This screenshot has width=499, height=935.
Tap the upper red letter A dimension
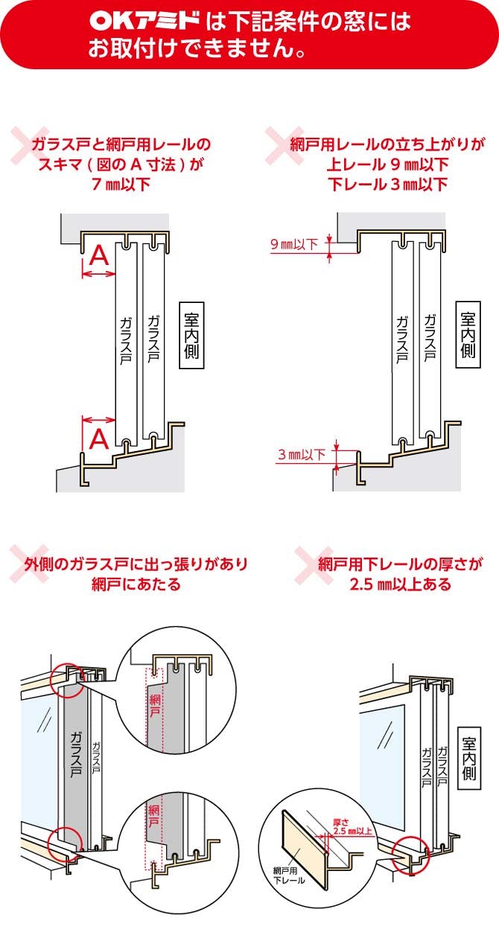pyautogui.click(x=98, y=256)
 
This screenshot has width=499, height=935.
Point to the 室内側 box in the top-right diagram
pyautogui.click(x=467, y=336)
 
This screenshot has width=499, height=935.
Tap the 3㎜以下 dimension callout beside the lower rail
pyautogui.click(x=301, y=454)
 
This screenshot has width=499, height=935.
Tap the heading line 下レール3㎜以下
pyautogui.click(x=387, y=183)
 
